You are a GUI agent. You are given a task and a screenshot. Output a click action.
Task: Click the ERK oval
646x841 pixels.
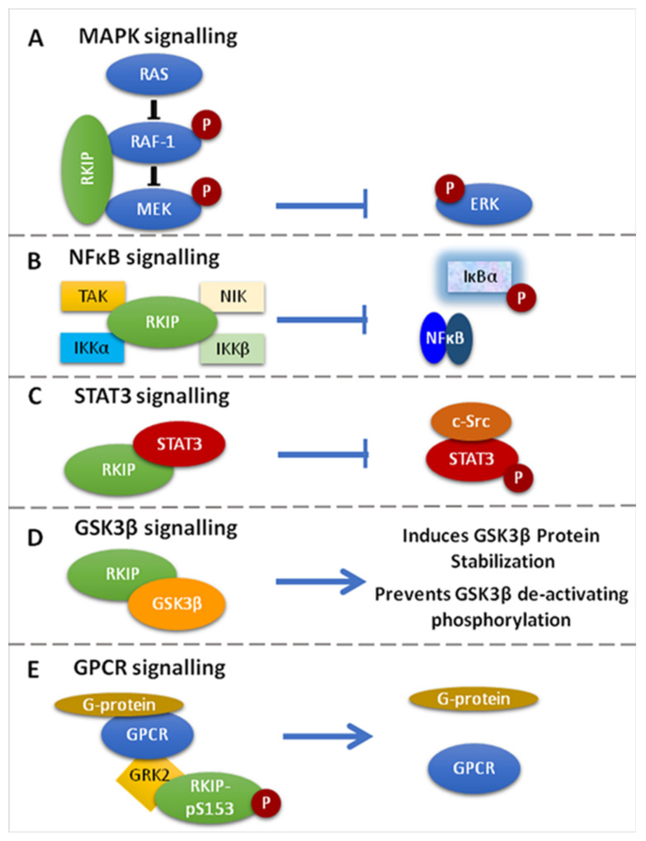click(483, 205)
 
